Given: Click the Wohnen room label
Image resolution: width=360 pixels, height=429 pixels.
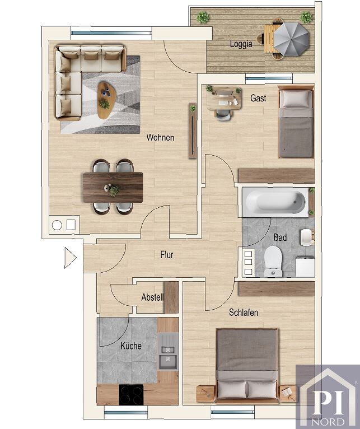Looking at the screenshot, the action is click(x=160, y=137).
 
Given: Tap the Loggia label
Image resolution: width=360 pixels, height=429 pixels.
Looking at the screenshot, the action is click(x=241, y=44).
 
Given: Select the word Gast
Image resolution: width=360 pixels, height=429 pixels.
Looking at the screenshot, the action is click(x=258, y=98).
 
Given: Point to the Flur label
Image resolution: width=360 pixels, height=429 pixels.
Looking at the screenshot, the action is click(x=167, y=255).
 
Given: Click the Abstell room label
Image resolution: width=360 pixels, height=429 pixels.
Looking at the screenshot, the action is click(x=152, y=297).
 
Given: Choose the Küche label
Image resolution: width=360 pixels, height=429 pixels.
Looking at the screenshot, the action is click(x=131, y=346).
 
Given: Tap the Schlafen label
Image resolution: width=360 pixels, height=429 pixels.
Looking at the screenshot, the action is click(x=244, y=312).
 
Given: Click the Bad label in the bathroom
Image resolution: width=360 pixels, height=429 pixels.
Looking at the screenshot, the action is click(x=280, y=237).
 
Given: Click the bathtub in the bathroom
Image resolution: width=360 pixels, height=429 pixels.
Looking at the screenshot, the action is click(x=275, y=202).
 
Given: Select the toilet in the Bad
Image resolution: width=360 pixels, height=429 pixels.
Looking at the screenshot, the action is click(x=273, y=262).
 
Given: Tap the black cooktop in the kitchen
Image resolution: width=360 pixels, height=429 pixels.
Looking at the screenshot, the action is click(x=131, y=395).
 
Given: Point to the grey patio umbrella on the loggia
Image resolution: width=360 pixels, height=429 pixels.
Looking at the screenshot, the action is click(x=291, y=39).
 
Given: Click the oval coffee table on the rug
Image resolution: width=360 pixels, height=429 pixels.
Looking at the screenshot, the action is click(x=106, y=100).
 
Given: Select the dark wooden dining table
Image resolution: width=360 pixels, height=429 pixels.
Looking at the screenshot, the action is click(x=113, y=188).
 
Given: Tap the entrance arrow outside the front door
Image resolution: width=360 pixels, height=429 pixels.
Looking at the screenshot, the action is click(x=70, y=258).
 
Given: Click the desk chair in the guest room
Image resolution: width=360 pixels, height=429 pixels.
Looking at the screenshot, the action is click(x=223, y=115).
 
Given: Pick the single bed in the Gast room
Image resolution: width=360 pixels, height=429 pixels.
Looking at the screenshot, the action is click(x=296, y=122).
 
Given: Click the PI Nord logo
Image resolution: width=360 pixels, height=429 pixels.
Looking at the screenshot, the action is click(x=328, y=397).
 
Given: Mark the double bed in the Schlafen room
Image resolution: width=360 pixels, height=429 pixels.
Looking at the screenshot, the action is click(x=247, y=366).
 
